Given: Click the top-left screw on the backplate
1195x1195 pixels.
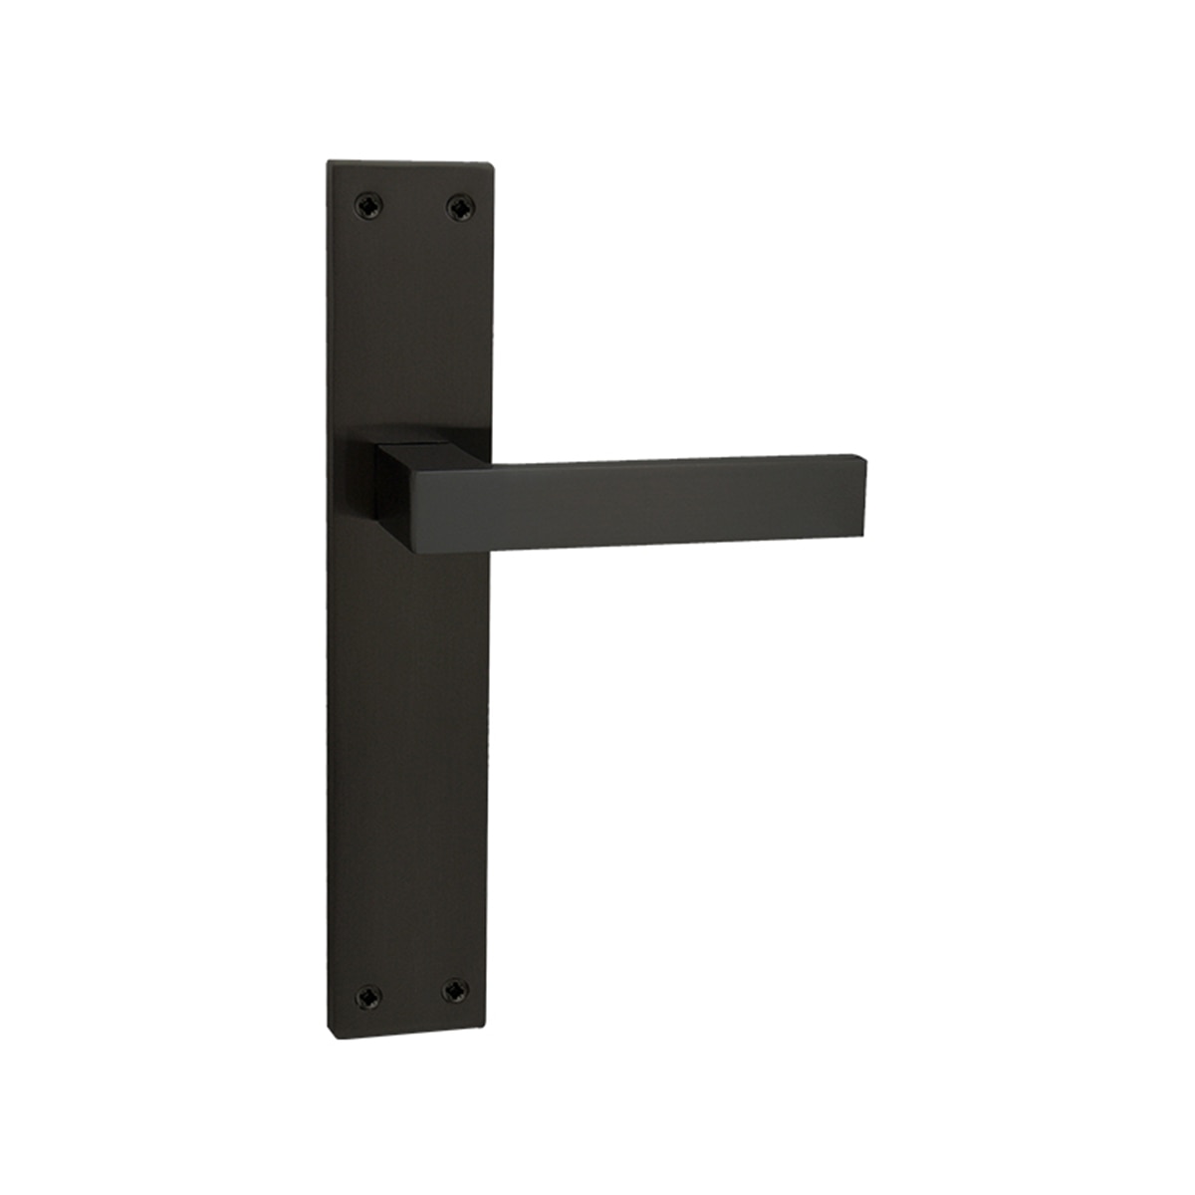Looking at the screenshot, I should click(368, 206).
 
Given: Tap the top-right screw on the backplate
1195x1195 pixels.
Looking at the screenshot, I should click(459, 207).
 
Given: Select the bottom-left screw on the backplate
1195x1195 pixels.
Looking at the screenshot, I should click(367, 995).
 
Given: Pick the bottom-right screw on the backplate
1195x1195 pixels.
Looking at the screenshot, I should click(455, 991).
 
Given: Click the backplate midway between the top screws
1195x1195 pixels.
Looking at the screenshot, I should click(413, 207).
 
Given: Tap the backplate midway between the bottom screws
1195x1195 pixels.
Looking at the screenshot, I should click(411, 993).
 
